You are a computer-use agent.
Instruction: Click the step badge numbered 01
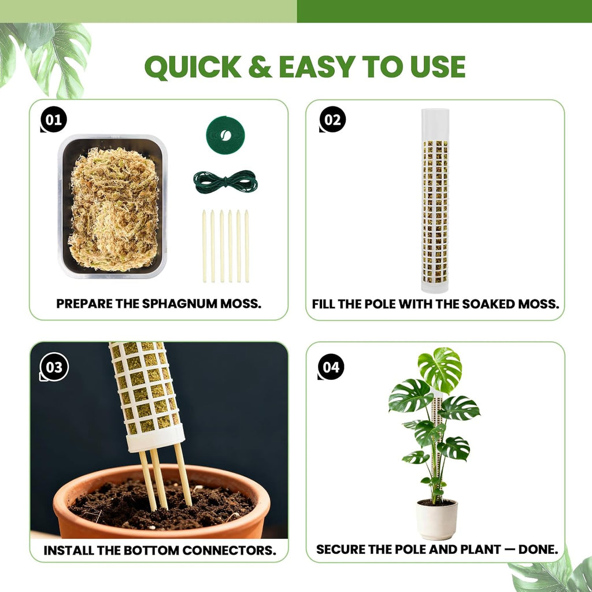coord(54,120)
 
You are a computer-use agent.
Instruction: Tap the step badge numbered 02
coord(332,120)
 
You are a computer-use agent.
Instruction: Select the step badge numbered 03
coord(54,367)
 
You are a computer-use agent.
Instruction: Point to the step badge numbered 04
coord(331,367)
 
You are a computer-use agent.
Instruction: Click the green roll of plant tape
coord(225,135)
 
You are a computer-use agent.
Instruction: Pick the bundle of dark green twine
coord(225,182)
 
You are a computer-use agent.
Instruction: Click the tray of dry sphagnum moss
coord(113,206)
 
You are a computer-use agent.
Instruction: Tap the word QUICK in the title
coord(193,67)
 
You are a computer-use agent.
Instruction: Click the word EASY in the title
coord(317,67)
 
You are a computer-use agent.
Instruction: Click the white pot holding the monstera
coord(437,519)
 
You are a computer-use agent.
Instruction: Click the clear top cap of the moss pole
coord(435,125)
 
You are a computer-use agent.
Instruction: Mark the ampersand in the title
coord(260,67)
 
